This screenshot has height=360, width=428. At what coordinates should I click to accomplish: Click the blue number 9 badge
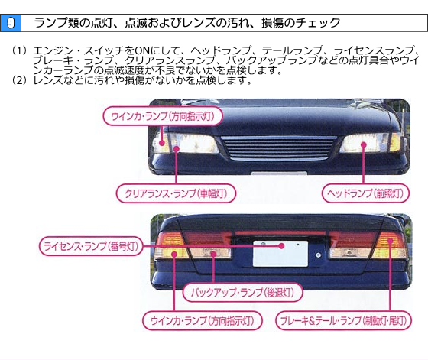coord(11,23)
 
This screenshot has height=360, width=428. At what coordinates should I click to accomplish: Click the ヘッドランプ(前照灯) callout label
coord(366,193)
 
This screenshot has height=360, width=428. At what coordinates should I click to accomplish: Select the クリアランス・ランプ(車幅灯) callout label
coord(176,193)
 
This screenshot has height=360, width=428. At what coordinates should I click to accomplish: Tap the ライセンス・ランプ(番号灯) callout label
coord(91,246)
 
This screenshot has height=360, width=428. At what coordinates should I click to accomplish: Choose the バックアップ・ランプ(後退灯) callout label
coord(243,293)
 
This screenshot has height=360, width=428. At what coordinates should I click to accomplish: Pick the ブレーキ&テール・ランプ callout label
coord(344,320)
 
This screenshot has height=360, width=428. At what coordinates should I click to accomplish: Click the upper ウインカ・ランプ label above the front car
coord(163,116)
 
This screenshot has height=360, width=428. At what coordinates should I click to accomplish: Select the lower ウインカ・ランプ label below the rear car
coord(203,320)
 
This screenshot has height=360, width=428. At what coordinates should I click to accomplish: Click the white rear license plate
coord(280,254)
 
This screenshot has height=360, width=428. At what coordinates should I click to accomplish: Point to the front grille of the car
coord(278,148)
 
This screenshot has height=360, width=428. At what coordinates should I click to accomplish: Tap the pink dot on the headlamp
coord(363,144)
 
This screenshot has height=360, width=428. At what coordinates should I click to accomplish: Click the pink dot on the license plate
coord(281,246)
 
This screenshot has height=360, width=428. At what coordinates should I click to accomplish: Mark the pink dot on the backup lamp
coord(213,255)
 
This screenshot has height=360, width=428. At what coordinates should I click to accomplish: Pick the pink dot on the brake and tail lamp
coord(390,241)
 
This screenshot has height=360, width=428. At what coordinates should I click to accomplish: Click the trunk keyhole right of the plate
coord(318,255)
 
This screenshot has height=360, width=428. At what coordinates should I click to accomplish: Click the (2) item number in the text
coord(19,80)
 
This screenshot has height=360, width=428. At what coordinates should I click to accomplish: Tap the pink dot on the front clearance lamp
coord(177,149)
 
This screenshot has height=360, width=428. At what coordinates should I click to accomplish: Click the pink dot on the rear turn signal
coord(174,255)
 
